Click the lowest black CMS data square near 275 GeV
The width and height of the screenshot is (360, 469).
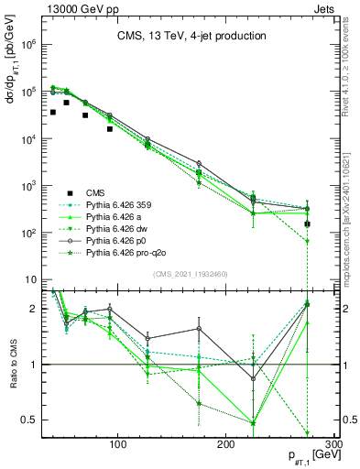[308, 224]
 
